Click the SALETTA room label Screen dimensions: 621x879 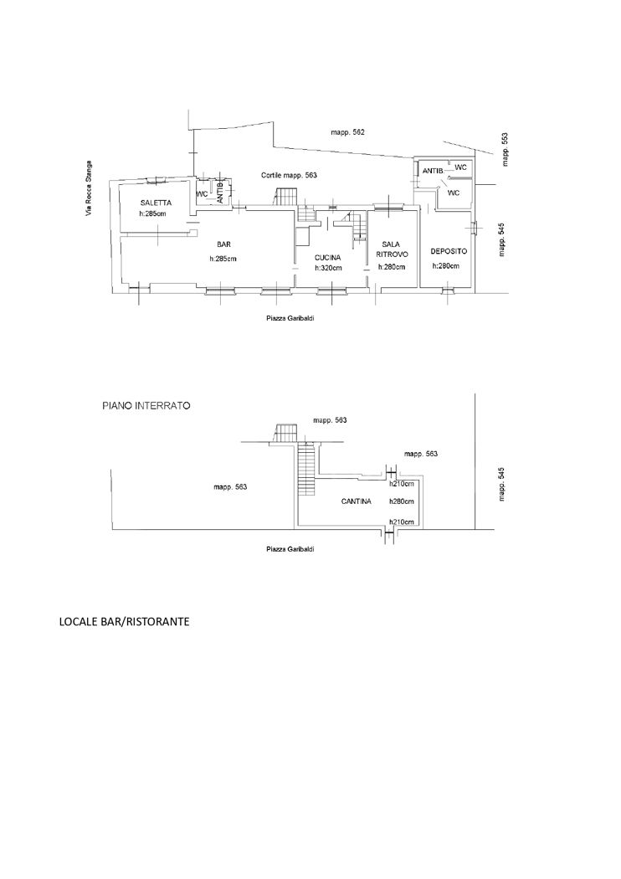point(157,203)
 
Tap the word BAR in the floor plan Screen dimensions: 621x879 point(223,244)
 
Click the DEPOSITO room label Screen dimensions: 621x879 point(449,251)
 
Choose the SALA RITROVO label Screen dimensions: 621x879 point(391,249)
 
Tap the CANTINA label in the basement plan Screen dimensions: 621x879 point(357,502)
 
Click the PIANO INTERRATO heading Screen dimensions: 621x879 point(146,405)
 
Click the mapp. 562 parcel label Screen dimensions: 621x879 point(347,132)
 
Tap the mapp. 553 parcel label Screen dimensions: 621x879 point(503,150)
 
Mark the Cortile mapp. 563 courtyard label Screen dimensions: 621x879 point(289,176)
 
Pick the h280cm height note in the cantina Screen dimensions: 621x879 point(403,502)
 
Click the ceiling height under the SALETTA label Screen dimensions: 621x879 point(152,214)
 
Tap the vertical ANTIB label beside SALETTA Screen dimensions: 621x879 point(220,193)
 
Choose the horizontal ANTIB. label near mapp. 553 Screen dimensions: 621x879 point(433,171)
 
